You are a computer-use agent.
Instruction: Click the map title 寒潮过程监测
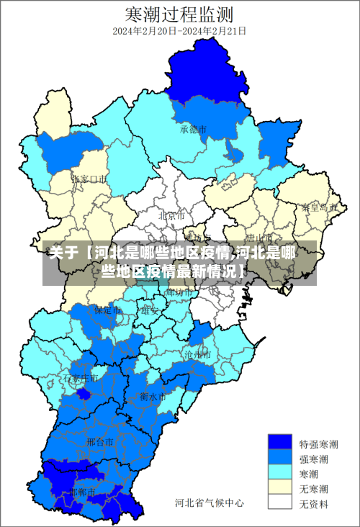tap(179, 14)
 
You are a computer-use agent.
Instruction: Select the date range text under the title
tap(179, 32)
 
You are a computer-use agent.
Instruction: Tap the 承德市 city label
tap(193, 130)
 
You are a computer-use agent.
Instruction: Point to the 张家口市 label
tap(90, 178)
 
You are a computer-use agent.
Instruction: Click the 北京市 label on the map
tap(171, 215)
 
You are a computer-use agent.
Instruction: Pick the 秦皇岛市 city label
tap(319, 207)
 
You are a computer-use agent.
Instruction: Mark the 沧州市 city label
tap(197, 355)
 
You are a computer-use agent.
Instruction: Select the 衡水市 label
tap(153, 397)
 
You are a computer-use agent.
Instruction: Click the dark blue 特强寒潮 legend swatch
tap(280, 444)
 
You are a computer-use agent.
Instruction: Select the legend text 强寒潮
tap(315, 459)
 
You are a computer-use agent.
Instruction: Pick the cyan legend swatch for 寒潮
tap(280, 473)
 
